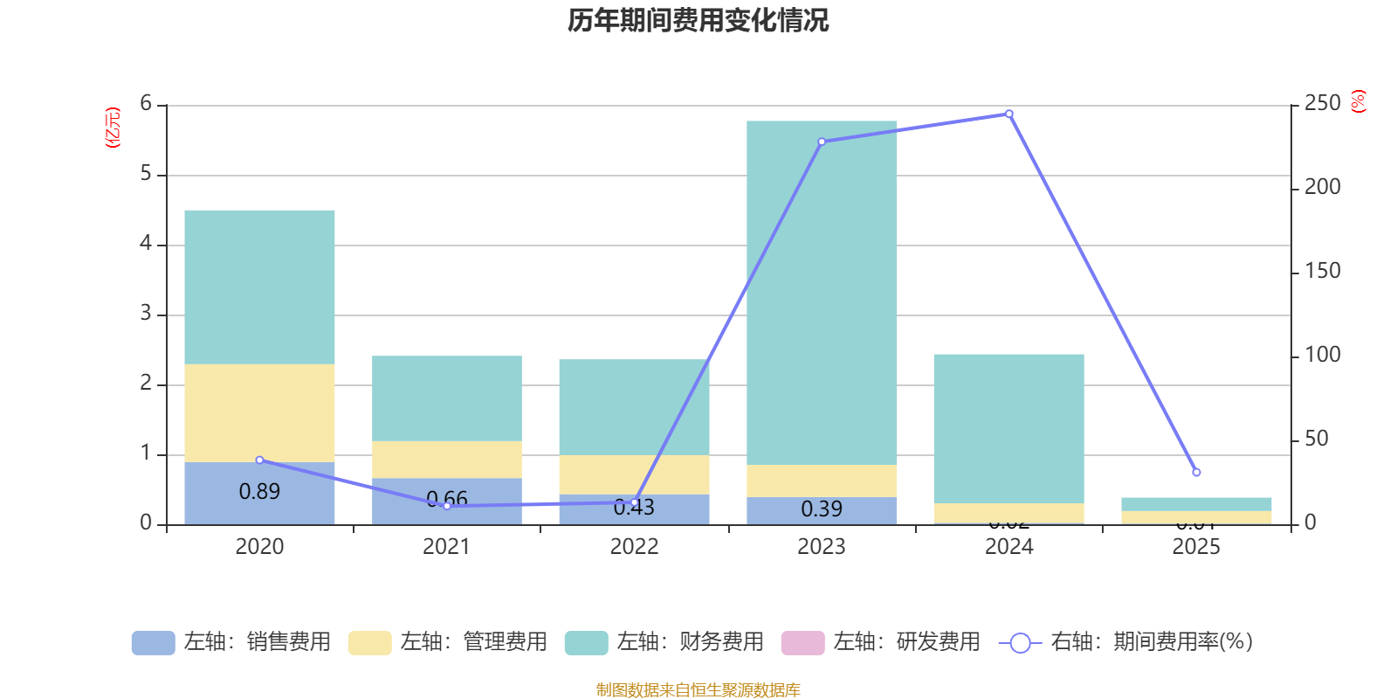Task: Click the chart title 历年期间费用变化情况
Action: pos(698,20)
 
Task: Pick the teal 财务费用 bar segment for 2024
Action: pos(1008,428)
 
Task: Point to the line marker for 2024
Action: pos(1009,114)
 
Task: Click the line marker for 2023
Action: pos(822,142)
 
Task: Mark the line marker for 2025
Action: pos(1196,472)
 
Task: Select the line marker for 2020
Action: pos(259,460)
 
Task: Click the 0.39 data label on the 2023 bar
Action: pos(822,509)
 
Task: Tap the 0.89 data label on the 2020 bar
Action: pos(259,492)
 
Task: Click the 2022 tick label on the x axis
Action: pos(634,547)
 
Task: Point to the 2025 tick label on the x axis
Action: pos(1196,547)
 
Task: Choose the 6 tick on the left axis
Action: pos(146,104)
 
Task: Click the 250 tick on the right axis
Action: pos(1322,104)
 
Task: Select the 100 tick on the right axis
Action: pos(1322,355)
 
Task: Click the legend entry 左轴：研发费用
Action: pos(882,642)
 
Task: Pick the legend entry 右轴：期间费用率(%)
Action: pos(1126,642)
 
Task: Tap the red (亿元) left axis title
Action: pos(113,128)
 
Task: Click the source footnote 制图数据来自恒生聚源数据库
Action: pos(698,690)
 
